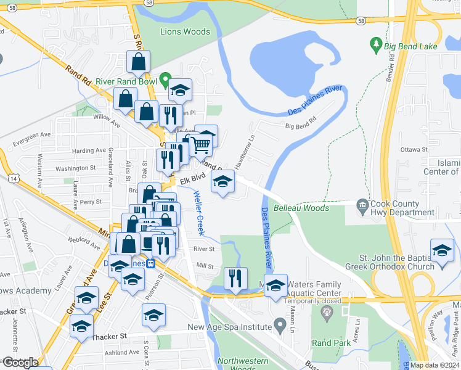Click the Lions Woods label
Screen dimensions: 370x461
[x=185, y=31]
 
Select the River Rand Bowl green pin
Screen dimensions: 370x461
[x=165, y=80]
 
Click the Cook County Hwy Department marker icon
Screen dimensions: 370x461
[x=362, y=205]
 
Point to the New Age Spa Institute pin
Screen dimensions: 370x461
[x=280, y=323]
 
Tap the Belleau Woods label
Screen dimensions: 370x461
[x=302, y=208]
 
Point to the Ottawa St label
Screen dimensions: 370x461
[x=414, y=150]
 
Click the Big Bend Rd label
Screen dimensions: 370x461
[x=300, y=126]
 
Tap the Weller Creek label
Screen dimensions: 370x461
[x=198, y=213]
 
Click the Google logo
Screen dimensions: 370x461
[x=20, y=363]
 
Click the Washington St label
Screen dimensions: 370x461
[x=76, y=168]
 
